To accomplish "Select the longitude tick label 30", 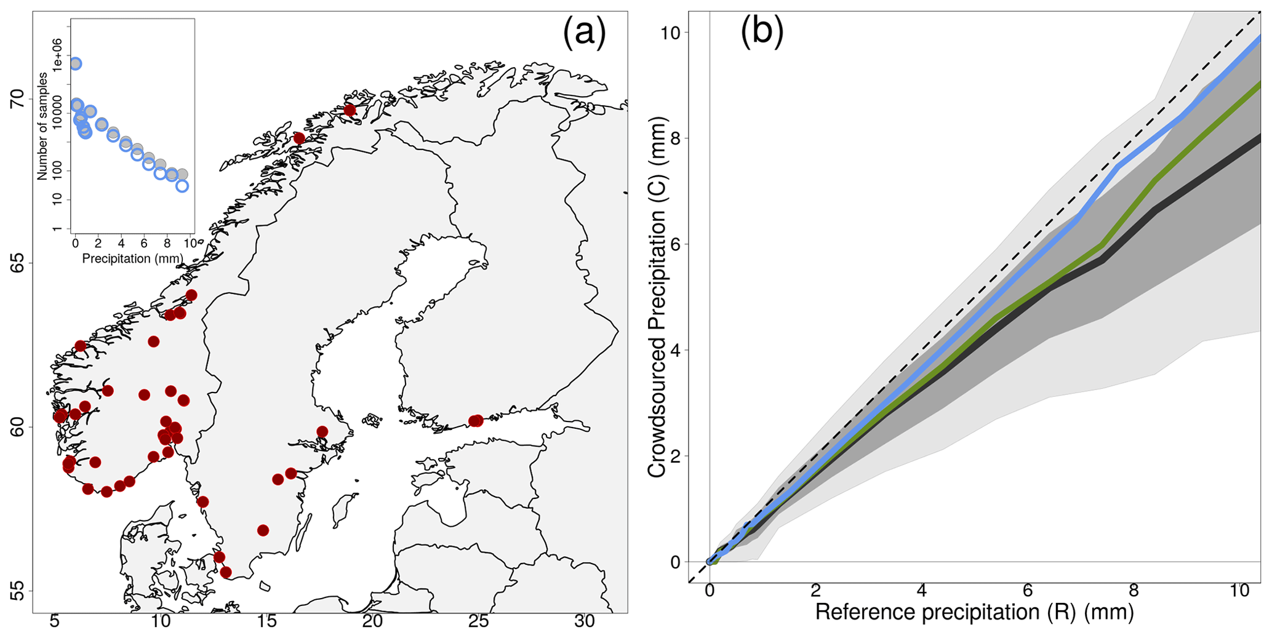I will click(x=585, y=622).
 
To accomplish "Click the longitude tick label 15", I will click(x=266, y=622).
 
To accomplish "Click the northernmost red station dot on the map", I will click(x=350, y=110).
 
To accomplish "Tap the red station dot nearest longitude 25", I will click(x=475, y=421).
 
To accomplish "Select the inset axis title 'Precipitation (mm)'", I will click(x=132, y=258).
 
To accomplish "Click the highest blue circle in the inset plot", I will click(x=75, y=63).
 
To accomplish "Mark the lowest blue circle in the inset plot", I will click(x=182, y=186).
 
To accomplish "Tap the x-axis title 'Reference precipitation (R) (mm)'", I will click(x=974, y=613).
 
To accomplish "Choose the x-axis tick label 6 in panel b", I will click(x=1027, y=591).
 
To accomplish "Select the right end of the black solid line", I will click(x=1259, y=138).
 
